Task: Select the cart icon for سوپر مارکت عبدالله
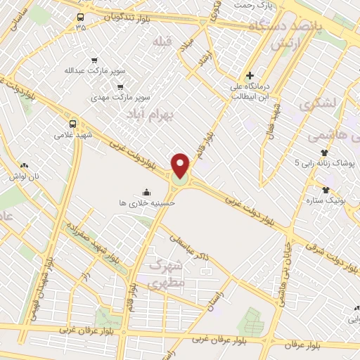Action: [x=94, y=60]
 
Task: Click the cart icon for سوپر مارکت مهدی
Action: [x=120, y=86]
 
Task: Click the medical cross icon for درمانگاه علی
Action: [x=249, y=75]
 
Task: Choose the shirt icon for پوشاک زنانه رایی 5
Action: [x=324, y=153]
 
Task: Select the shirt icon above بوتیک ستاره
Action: [x=326, y=189]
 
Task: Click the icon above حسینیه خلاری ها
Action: [x=146, y=192]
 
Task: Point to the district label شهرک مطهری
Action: [x=166, y=275]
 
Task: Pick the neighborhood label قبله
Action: [x=162, y=42]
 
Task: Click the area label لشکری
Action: [x=317, y=105]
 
